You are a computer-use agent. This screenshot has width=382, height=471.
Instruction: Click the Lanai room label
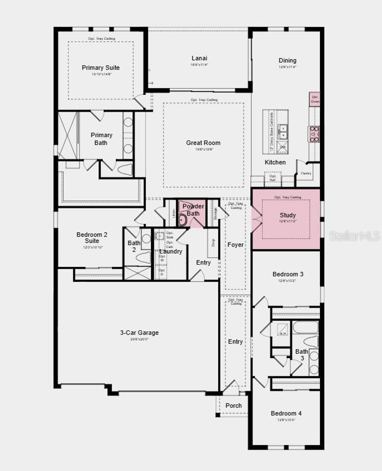199,58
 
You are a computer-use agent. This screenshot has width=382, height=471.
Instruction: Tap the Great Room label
203,143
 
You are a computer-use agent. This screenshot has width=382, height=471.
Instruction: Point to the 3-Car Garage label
139,332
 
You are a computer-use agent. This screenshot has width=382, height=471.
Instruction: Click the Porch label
234,405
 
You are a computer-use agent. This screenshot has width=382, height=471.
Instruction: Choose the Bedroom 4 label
286,413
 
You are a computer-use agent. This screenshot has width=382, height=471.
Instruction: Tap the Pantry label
306,173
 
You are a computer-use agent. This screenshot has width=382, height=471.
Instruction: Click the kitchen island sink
283,131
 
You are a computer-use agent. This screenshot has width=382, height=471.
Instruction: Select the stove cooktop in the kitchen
314,134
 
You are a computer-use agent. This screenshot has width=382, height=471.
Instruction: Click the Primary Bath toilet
125,169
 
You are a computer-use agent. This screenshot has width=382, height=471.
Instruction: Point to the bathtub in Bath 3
305,328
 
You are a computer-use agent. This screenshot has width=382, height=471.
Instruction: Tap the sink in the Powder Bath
182,220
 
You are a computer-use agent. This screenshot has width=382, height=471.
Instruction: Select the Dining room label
287,61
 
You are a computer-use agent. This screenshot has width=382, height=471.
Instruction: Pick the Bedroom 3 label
288,274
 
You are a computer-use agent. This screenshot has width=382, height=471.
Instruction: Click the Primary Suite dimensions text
101,74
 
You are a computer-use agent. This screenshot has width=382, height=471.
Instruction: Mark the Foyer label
235,245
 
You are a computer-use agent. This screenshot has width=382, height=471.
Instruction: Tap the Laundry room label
171,251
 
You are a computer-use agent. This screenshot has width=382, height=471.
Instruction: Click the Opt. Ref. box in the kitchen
273,178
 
